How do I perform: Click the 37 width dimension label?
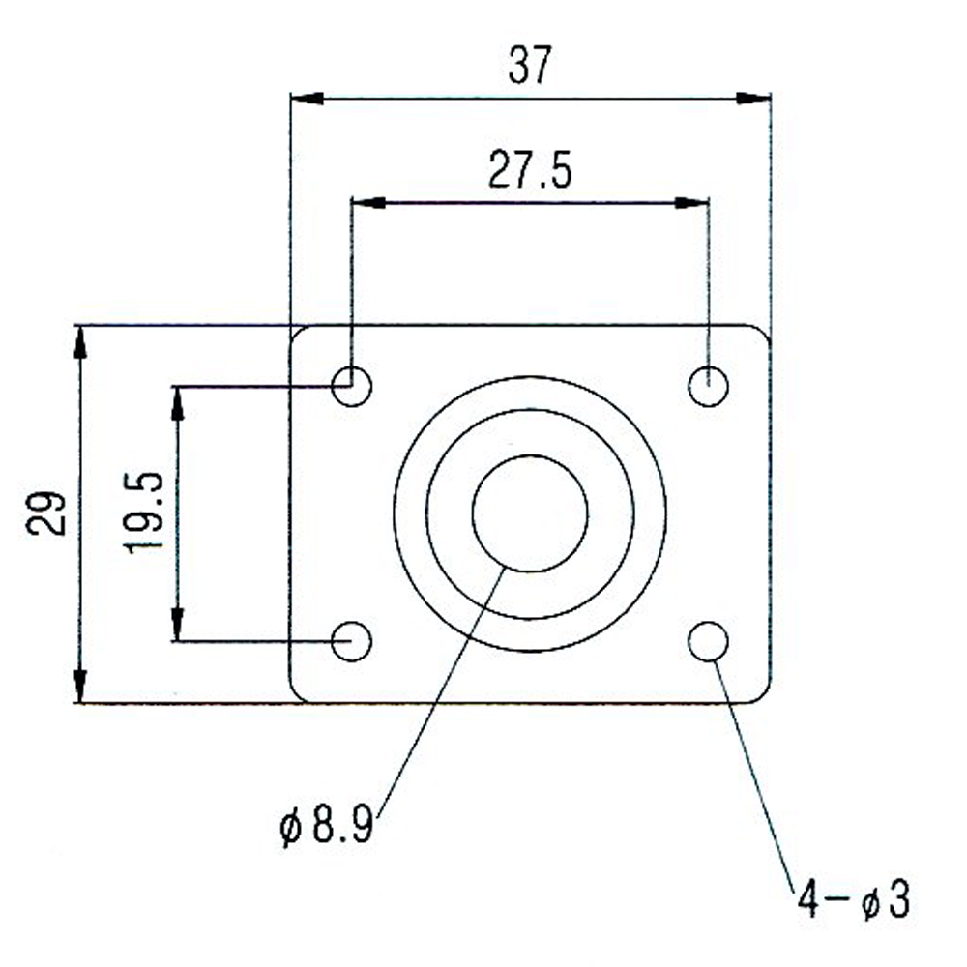(x=530, y=67)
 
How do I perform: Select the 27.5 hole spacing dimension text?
(x=530, y=171)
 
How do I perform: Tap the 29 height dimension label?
(x=47, y=513)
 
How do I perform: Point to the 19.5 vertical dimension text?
(x=144, y=513)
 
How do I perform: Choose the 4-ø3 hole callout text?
(x=853, y=901)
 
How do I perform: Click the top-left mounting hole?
(x=351, y=386)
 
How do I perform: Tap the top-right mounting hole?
(x=708, y=386)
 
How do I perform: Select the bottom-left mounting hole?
(x=351, y=640)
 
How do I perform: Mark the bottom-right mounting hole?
(x=709, y=640)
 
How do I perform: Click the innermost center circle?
(x=530, y=513)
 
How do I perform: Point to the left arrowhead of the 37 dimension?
(x=307, y=98)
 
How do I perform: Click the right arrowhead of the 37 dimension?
(x=754, y=98)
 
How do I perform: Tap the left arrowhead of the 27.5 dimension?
(x=367, y=202)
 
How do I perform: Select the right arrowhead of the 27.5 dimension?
(x=691, y=202)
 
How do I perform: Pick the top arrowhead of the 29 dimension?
(x=80, y=343)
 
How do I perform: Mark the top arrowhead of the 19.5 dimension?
(x=177, y=402)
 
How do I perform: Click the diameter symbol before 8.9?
(x=288, y=829)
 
